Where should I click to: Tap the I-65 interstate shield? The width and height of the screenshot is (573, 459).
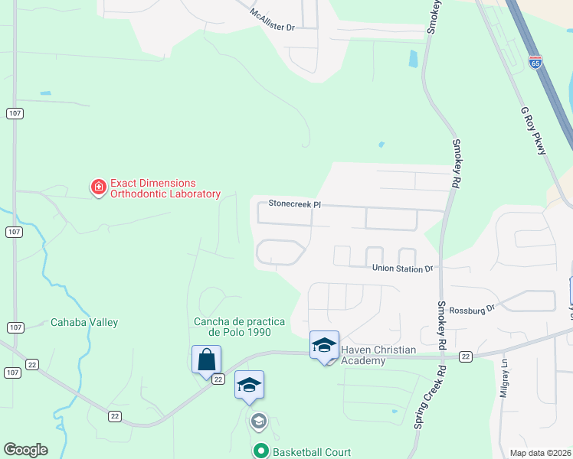[x=535, y=62]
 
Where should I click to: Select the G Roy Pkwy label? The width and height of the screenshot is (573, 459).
[x=533, y=131]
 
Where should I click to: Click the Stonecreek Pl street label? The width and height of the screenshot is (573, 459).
[x=293, y=204]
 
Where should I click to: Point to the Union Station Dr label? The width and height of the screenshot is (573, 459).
[x=403, y=269]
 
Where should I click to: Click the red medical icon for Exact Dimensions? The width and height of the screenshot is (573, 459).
[x=98, y=187]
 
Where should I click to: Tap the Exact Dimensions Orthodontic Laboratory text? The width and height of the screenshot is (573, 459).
[x=165, y=188]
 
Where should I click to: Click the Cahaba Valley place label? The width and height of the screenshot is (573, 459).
[x=84, y=322]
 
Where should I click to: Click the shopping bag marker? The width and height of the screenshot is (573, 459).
[x=206, y=359]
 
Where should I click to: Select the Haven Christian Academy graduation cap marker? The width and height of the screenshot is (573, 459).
[x=324, y=345]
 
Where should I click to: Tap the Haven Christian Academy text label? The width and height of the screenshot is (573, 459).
[x=378, y=355]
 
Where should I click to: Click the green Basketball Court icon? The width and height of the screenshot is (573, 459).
[x=260, y=452]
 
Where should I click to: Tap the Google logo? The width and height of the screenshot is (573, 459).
[x=25, y=450]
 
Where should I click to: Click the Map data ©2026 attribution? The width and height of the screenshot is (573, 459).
[x=539, y=453]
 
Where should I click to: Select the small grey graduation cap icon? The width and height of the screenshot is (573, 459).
[x=258, y=421]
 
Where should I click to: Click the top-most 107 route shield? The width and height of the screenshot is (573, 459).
[x=15, y=113]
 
